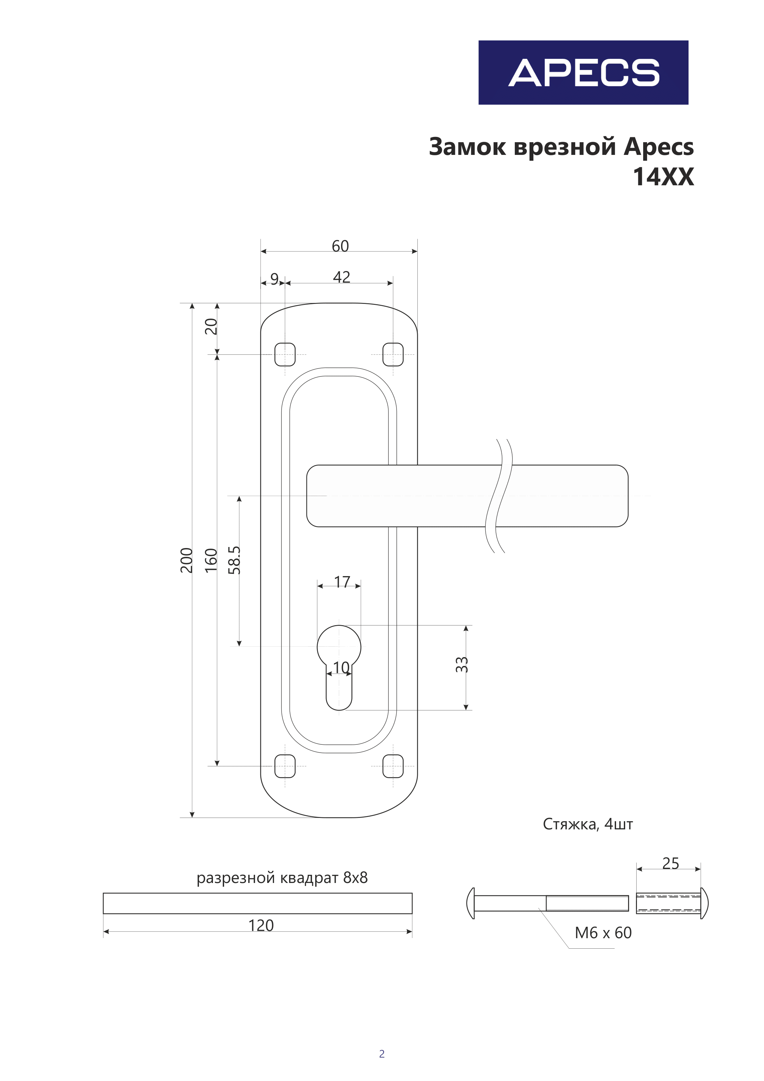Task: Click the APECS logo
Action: click(x=583, y=73)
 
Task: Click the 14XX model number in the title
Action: click(x=663, y=177)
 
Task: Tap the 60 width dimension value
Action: click(x=340, y=246)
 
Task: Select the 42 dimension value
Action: click(x=342, y=277)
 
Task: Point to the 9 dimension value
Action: click(x=274, y=279)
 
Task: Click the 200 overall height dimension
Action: click(x=187, y=560)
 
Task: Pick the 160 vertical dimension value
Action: click(x=211, y=560)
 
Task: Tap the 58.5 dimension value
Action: click(x=235, y=560)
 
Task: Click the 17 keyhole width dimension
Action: click(x=342, y=582)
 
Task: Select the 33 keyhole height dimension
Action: click(x=462, y=664)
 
